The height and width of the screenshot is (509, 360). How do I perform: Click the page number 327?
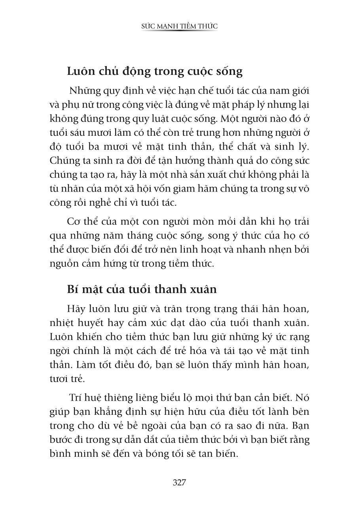pos(180,482)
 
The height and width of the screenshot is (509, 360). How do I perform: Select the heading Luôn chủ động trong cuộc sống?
pos(155,72)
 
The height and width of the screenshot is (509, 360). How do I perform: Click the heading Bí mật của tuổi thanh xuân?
pos(142,289)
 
